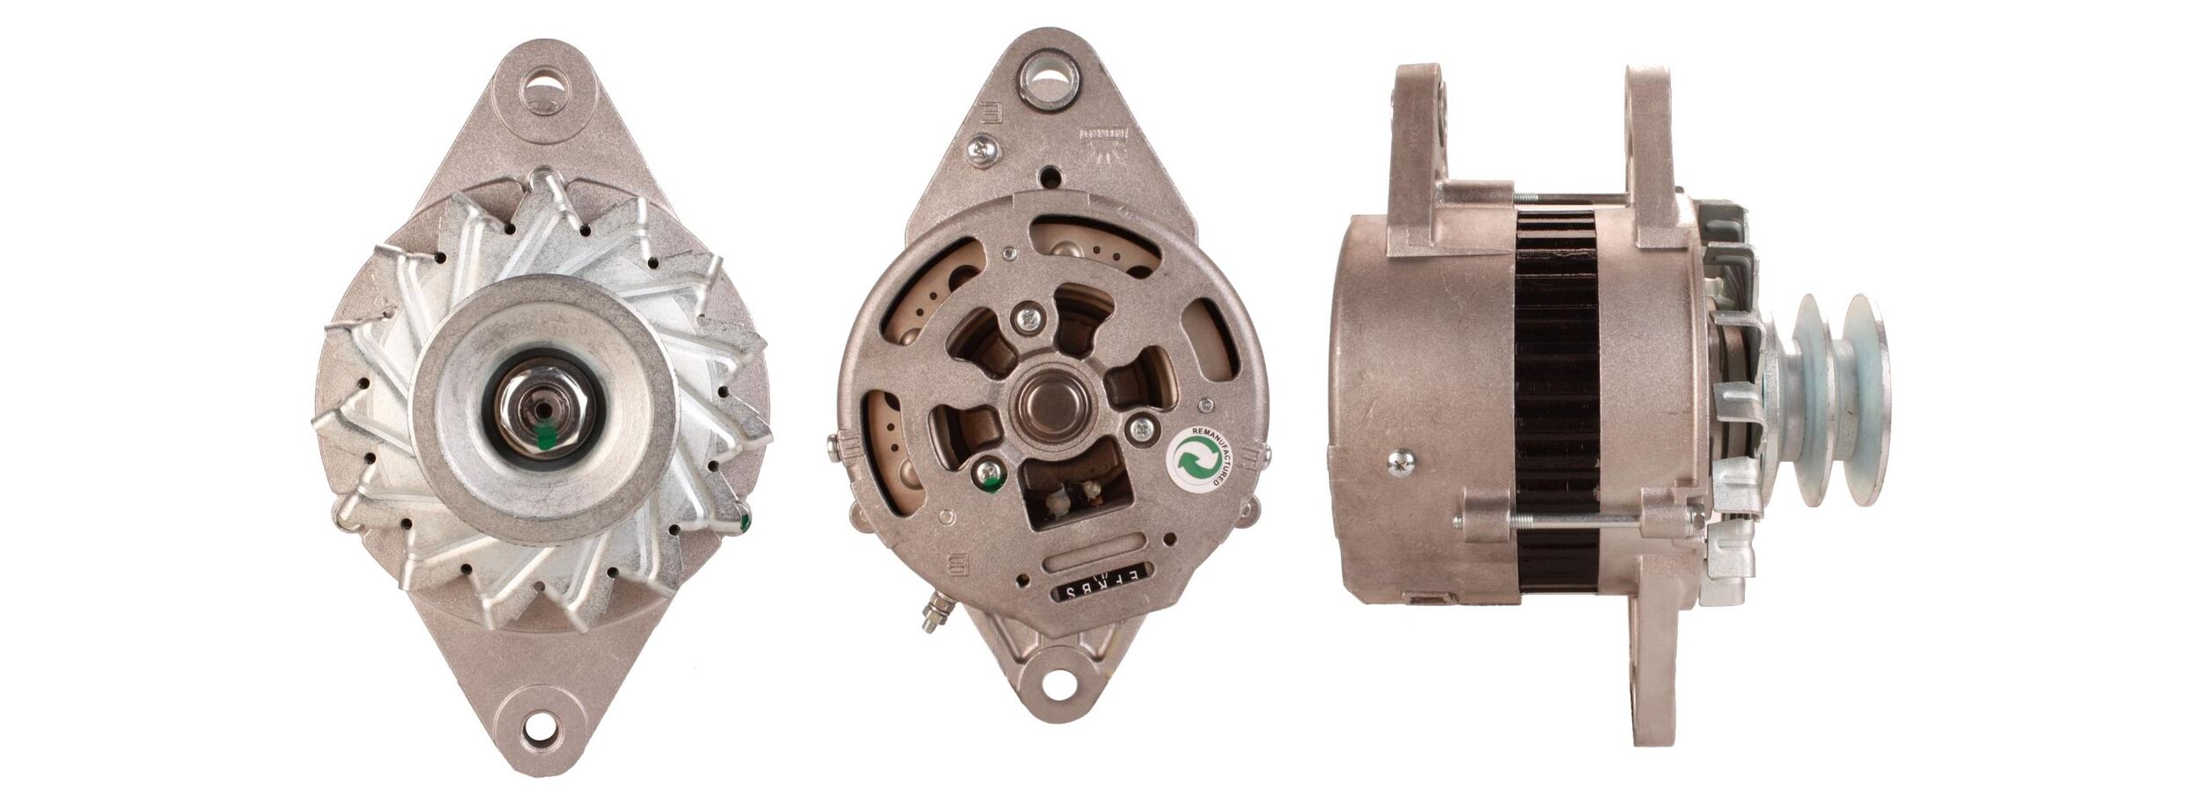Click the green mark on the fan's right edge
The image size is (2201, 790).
(746, 523)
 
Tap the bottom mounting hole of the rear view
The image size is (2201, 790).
(1059, 684)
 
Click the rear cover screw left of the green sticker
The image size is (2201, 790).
(1141, 429)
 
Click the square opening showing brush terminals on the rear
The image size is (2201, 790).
(1074, 493)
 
